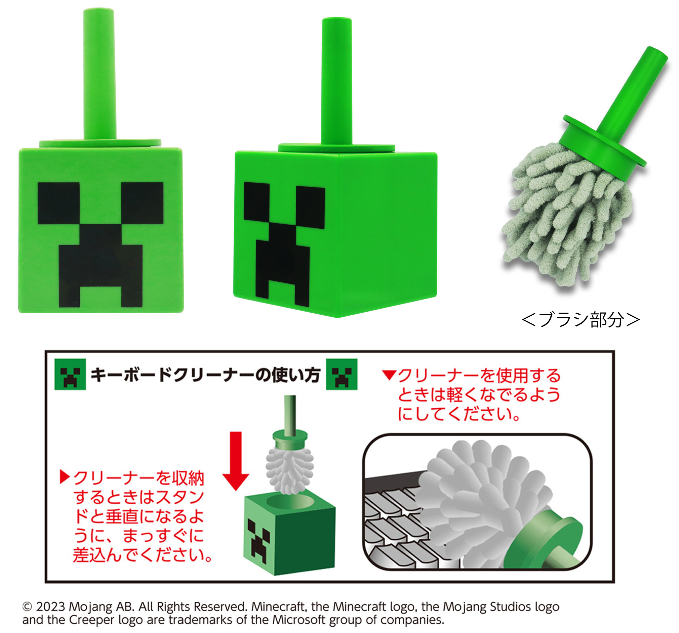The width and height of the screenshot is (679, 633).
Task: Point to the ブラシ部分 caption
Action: point(580,320)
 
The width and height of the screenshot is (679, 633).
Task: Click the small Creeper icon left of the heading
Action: point(70,374)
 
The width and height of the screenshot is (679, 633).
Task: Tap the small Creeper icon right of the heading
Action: point(342,374)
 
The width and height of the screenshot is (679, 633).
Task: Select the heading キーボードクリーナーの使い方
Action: point(205,375)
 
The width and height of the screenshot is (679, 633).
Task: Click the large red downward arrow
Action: point(236,461)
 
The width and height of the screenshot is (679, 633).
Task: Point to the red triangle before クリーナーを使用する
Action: point(389,375)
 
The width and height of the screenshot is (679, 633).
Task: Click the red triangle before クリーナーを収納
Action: point(64,477)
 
